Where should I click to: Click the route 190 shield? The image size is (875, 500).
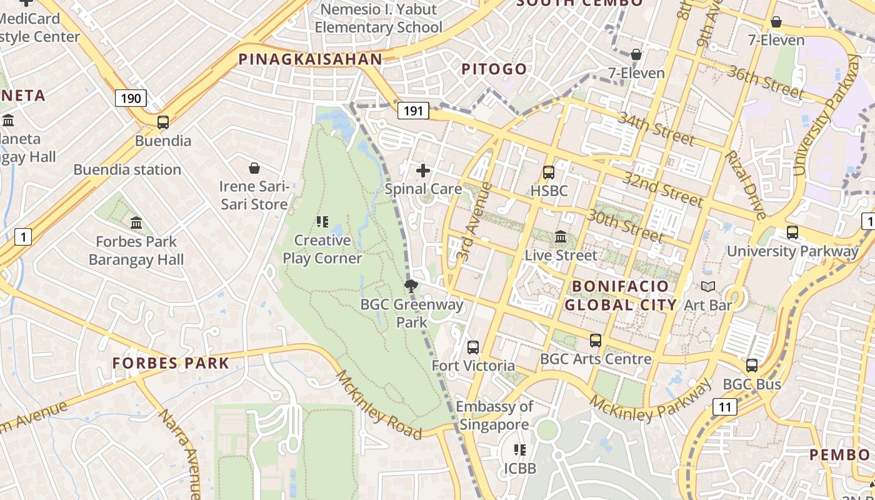click(x=131, y=98)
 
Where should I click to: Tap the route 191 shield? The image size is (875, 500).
click(x=412, y=111)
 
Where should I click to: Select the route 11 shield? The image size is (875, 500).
click(x=724, y=407)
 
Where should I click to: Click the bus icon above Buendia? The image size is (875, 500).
click(x=162, y=122)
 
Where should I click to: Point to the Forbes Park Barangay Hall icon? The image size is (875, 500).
click(x=136, y=222)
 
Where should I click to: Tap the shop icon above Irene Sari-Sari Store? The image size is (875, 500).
click(x=254, y=168)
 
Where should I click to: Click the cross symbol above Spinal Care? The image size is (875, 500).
click(x=423, y=170)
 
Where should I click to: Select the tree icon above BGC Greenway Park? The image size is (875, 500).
click(x=411, y=287)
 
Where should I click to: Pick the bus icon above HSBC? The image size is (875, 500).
click(x=548, y=172)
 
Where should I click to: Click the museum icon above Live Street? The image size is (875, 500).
click(x=561, y=237)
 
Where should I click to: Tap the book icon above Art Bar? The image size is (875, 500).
click(x=707, y=287)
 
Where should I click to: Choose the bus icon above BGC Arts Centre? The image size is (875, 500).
click(x=596, y=341)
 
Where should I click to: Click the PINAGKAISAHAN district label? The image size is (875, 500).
click(x=310, y=59)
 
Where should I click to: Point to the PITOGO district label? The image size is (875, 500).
click(x=494, y=69)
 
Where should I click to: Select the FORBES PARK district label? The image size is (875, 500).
click(x=171, y=362)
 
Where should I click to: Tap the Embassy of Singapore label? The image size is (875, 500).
click(x=494, y=415)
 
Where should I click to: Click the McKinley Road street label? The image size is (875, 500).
click(x=379, y=404)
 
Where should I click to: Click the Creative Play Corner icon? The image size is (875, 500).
click(x=322, y=222)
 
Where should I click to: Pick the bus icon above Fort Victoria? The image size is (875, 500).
click(x=473, y=347)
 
